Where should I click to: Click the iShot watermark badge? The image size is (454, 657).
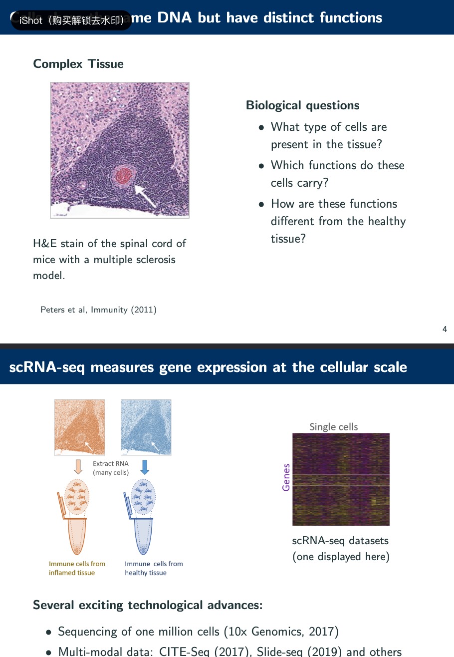click(x=71, y=20)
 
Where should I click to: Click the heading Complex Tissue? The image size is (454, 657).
click(x=78, y=64)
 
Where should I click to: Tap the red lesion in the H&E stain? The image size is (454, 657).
click(x=124, y=175)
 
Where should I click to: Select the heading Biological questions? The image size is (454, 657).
click(x=302, y=105)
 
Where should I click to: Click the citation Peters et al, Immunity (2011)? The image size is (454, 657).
click(x=98, y=310)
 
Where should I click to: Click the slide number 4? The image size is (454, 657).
click(x=445, y=329)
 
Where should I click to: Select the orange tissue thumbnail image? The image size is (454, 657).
click(x=80, y=427)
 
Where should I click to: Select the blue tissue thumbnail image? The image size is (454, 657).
click(x=146, y=427)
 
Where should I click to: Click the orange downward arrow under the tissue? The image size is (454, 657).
click(x=78, y=467)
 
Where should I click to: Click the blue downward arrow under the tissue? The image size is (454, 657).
click(x=145, y=467)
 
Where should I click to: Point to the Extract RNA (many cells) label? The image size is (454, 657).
click(x=111, y=468)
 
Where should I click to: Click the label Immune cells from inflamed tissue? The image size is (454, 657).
click(x=77, y=568)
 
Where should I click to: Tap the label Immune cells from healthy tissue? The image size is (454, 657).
click(x=154, y=568)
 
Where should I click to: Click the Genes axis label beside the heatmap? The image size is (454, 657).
click(x=286, y=477)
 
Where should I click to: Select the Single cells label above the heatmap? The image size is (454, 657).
click(x=334, y=427)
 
